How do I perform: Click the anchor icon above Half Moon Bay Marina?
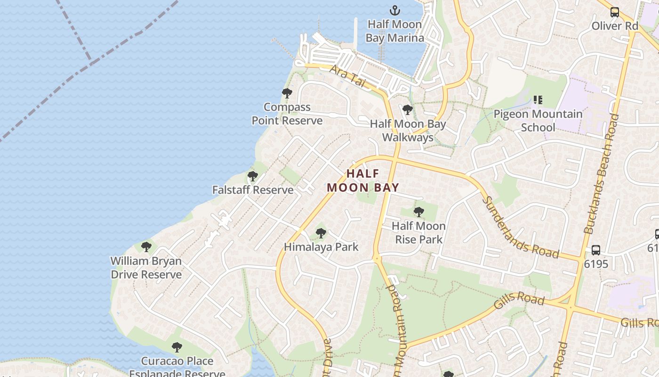coord(394,10)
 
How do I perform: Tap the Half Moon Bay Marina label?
coord(394,31)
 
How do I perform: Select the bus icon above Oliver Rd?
coord(615,12)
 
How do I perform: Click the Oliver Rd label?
coord(615,26)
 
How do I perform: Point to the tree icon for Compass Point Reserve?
coord(287,93)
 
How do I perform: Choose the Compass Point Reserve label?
coord(287,114)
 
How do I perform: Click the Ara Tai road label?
coord(347,75)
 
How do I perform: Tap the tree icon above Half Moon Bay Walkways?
coord(408,110)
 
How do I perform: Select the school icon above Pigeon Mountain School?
coord(538,100)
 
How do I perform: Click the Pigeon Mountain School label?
coord(538,121)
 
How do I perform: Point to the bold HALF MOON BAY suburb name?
coord(362,180)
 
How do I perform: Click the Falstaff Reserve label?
coord(253,190)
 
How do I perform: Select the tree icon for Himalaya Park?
coord(321,233)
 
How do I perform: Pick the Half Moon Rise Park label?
coord(418,232)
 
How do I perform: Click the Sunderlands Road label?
coord(520,228)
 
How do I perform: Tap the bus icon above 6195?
coord(596,250)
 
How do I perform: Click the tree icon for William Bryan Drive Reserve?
coord(146,246)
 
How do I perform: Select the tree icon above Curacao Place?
coord(177,347)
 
